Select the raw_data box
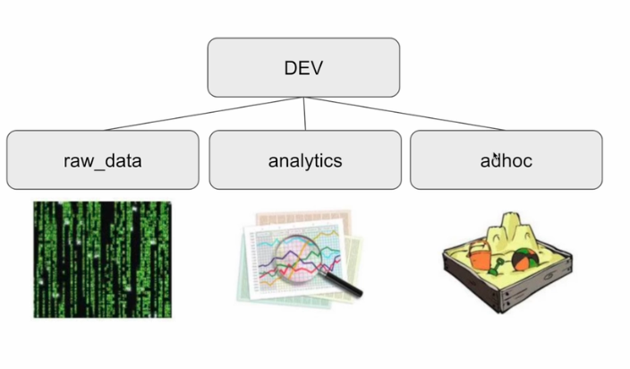coord(102,159)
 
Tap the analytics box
coord(304,159)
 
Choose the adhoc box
coord(506,159)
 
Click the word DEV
coord(303,68)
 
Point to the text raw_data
coord(102,161)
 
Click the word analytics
coord(304,161)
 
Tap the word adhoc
coord(507,161)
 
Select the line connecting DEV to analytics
coord(304,113)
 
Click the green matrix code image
coord(102,259)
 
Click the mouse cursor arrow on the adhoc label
coord(496,157)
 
